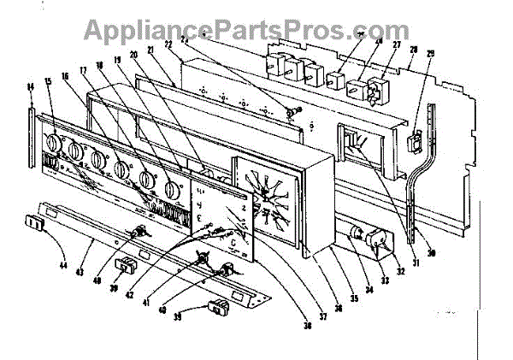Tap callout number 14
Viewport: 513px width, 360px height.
(32, 86)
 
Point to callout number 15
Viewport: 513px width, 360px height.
(47, 81)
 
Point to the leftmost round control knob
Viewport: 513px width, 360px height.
(54, 143)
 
